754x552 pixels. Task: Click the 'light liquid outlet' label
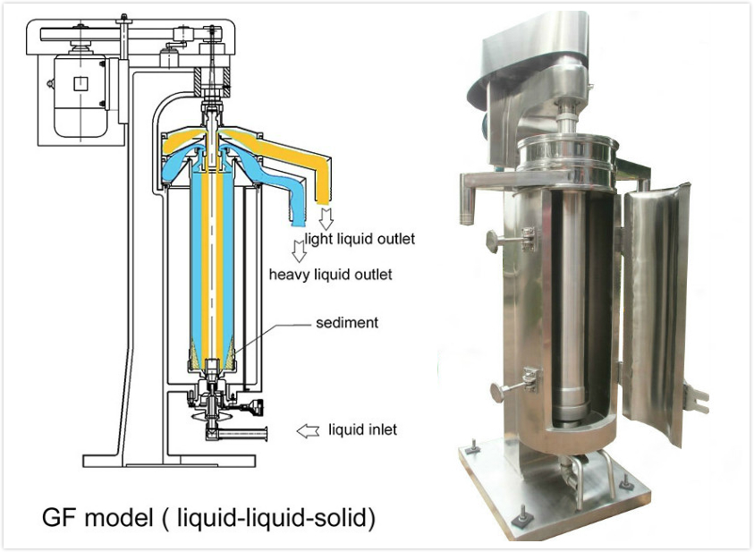point(360,239)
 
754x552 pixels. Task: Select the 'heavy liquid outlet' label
point(330,274)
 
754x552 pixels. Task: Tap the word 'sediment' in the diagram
point(346,322)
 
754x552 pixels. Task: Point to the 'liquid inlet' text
point(362,430)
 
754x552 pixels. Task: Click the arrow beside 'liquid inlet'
point(308,431)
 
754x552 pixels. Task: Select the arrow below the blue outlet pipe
point(294,244)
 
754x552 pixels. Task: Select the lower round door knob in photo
point(497,390)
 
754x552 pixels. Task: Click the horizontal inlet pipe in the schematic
point(237,434)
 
